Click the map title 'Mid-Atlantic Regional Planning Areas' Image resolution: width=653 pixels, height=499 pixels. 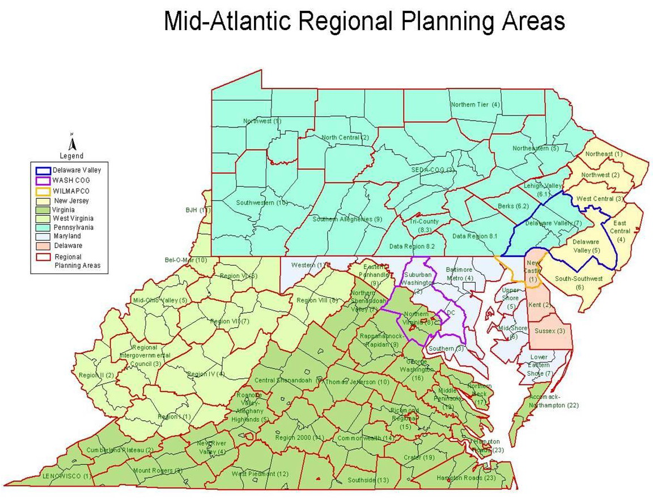pyautogui.click(x=364, y=22)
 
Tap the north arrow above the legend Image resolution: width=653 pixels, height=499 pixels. pyautogui.click(x=71, y=142)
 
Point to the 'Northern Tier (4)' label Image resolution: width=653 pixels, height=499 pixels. pyautogui.click(x=475, y=105)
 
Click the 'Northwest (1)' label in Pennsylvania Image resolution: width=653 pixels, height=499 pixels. pyautogui.click(x=262, y=121)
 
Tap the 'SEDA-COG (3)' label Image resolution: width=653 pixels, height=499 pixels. pyautogui.click(x=433, y=169)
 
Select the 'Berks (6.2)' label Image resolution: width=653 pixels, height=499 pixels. pyautogui.click(x=513, y=206)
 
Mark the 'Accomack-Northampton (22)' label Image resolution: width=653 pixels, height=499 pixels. pyautogui.click(x=553, y=401)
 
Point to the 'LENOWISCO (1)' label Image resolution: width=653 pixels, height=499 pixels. pyautogui.click(x=66, y=476)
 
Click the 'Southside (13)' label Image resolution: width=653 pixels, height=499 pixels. pyautogui.click(x=368, y=480)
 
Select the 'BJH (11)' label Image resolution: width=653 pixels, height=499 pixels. pyautogui.click(x=198, y=210)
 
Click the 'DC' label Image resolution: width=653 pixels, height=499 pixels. pyautogui.click(x=451, y=313)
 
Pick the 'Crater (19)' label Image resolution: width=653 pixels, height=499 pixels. pyautogui.click(x=419, y=457)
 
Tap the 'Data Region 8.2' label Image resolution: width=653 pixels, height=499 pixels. pyautogui.click(x=412, y=246)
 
